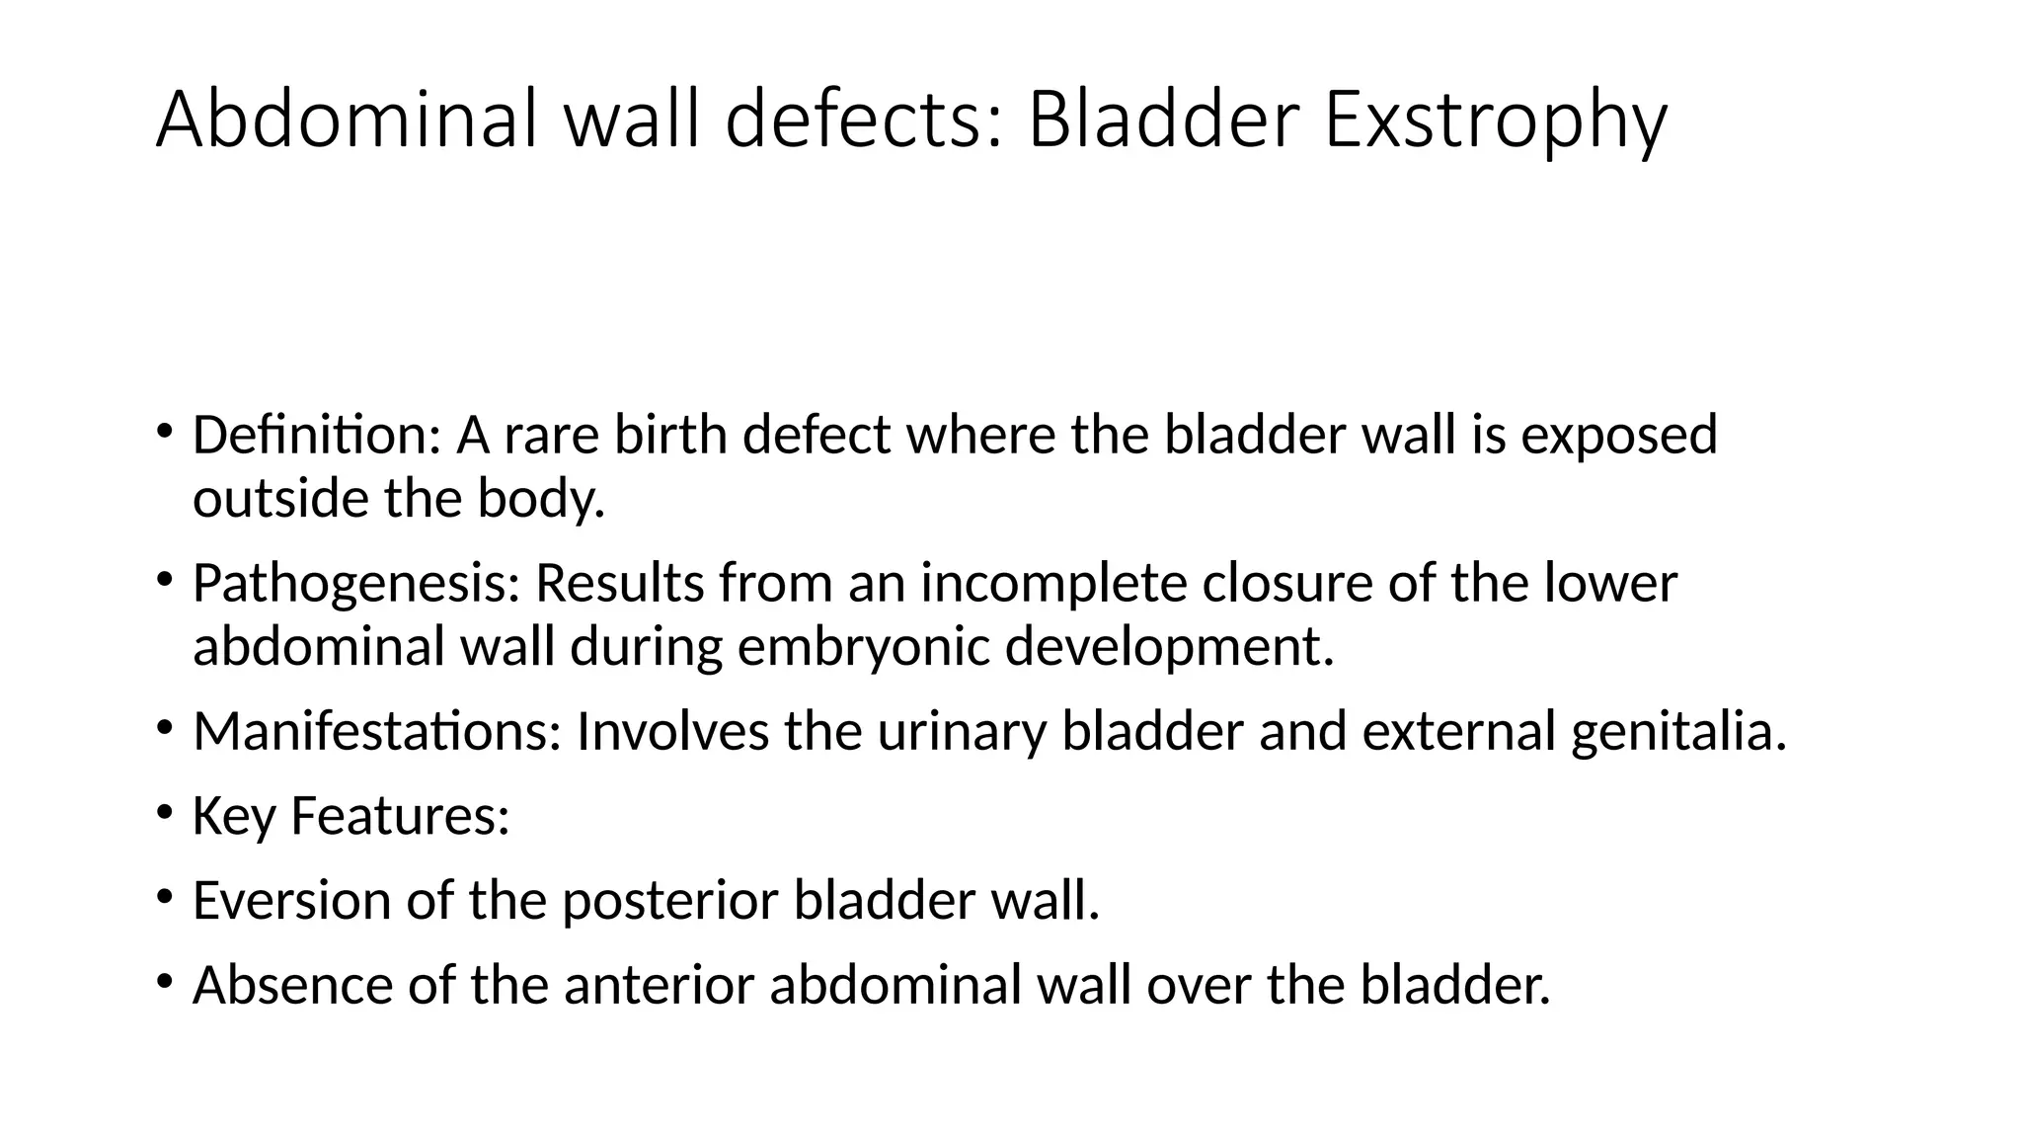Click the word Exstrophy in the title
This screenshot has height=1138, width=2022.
(1494, 121)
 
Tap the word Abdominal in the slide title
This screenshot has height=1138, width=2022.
(350, 121)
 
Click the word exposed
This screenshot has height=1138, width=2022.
(1619, 435)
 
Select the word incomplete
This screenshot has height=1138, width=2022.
(1053, 583)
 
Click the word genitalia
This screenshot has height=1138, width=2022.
(1678, 732)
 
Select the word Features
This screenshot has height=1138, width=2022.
(399, 816)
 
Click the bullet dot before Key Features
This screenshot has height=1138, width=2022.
(164, 814)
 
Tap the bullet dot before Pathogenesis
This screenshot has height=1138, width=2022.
(164, 581)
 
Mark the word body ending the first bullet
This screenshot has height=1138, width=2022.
(540, 498)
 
